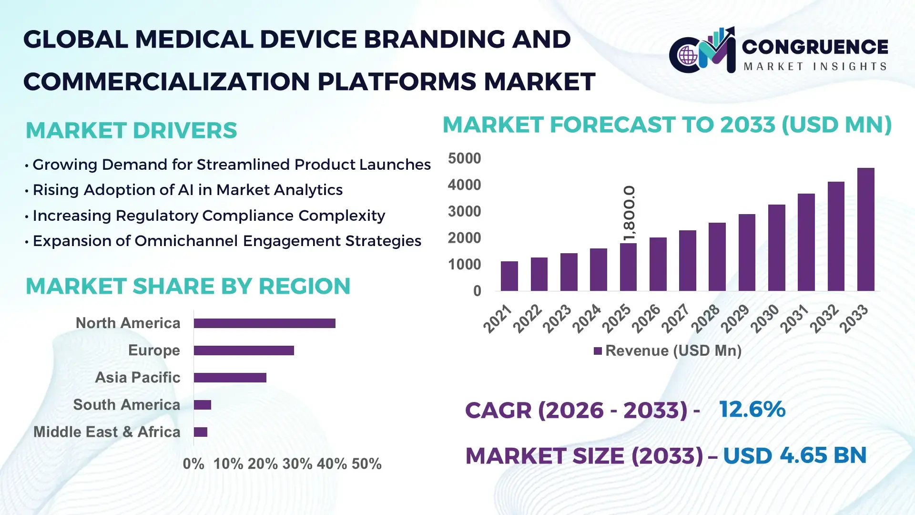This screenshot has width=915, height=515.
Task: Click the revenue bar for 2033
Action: coord(865,229)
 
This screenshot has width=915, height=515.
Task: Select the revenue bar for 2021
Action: coord(509,276)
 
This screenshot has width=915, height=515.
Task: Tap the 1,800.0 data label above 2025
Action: coord(629,213)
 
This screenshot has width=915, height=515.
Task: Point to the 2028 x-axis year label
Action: coord(706,318)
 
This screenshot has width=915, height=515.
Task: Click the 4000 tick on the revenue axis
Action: coord(464,185)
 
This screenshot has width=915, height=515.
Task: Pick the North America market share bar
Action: coord(264,323)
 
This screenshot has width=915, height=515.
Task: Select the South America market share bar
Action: coord(202,405)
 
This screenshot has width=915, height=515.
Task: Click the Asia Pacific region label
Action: coord(137,377)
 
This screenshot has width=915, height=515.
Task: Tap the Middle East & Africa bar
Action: coord(200,432)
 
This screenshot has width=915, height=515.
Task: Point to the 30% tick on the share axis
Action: coord(297,463)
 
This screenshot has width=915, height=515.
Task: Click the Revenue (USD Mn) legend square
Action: coord(598,351)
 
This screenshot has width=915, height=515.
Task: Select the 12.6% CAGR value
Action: coord(752,409)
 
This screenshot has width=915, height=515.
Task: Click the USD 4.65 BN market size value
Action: coord(794,455)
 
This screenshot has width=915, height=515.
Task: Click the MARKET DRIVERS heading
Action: coord(131,131)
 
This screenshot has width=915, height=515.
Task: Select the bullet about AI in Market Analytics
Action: coord(187,190)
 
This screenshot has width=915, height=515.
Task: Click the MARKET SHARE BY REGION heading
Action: coord(188,286)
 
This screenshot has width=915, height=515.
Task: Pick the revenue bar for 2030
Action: coord(776,247)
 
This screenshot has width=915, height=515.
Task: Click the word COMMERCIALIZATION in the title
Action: coord(167,82)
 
